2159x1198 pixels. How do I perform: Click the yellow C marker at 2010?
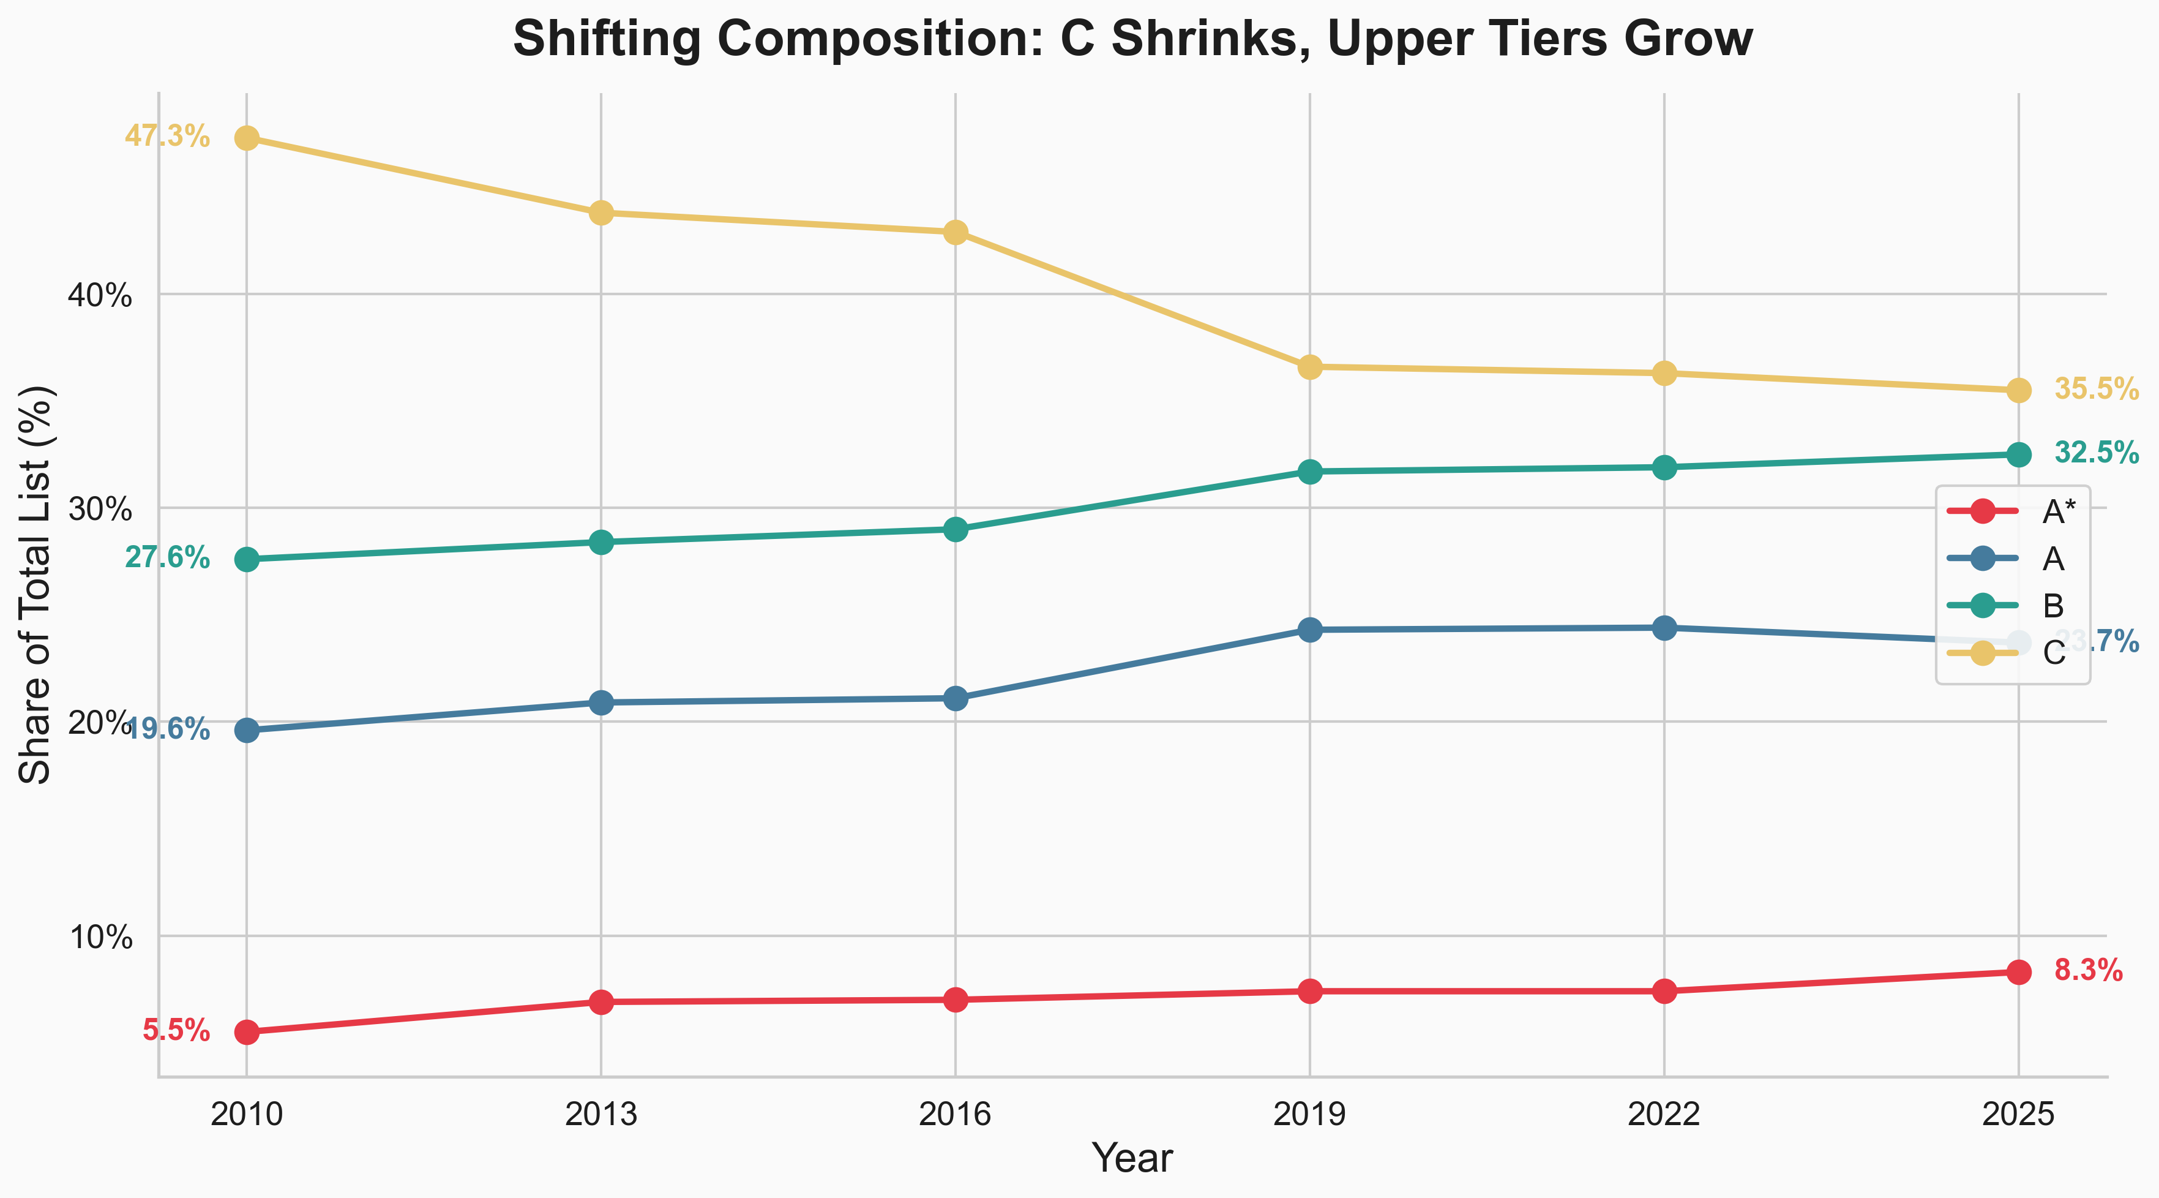pos(247,138)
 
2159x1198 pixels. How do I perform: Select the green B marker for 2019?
pos(1310,472)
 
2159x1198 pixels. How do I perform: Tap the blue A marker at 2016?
pos(956,698)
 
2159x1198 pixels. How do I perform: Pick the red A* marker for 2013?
pos(601,1002)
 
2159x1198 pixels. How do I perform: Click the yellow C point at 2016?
pos(956,232)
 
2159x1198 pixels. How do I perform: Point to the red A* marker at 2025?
pos(2018,971)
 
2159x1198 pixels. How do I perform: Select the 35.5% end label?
pos(2096,389)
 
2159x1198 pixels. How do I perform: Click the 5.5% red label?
pos(176,1030)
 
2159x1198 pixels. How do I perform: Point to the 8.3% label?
pos(2088,971)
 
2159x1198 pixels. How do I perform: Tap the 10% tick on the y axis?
pos(100,937)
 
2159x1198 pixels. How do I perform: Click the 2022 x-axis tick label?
pos(1664,1114)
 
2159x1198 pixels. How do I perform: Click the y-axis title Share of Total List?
pos(36,584)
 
